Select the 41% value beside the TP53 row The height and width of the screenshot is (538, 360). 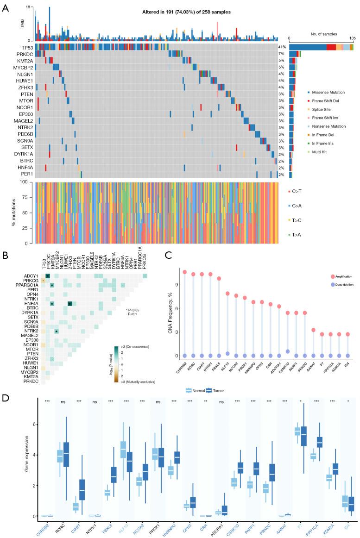tap(282, 47)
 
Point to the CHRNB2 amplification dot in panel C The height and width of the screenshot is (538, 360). tap(184, 272)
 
